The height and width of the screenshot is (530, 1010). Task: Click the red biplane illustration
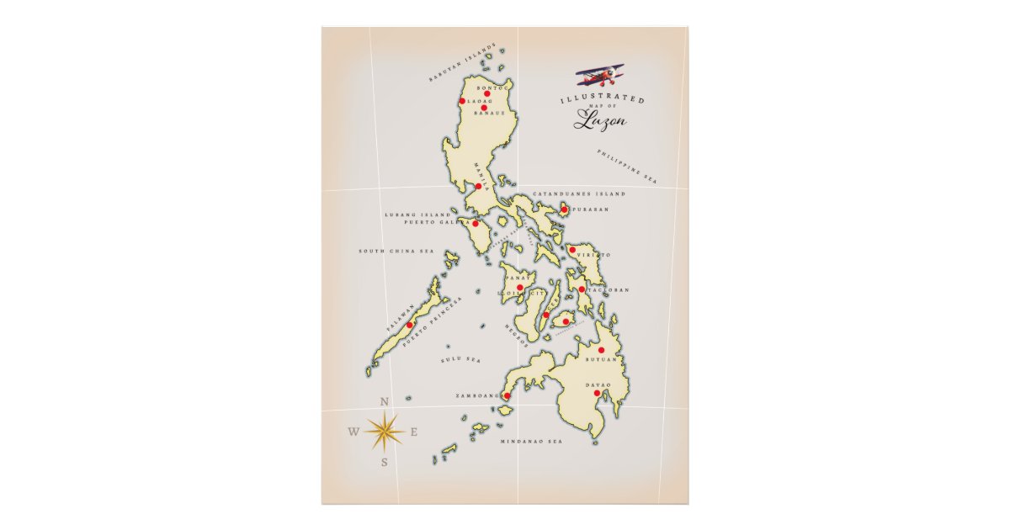[600, 77]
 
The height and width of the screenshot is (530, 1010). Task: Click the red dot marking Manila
[478, 186]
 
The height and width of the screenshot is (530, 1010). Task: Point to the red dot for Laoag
[462, 102]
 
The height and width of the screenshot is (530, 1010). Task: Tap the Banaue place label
[489, 114]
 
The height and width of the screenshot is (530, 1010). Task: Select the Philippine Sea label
[626, 167]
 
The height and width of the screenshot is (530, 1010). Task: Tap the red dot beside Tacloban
[582, 289]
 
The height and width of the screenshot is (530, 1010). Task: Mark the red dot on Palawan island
[410, 325]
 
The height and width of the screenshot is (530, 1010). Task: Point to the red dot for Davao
[597, 393]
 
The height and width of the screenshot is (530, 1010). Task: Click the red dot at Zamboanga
[507, 396]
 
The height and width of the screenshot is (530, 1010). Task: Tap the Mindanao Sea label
[532, 441]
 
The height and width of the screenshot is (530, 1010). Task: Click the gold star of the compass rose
[384, 431]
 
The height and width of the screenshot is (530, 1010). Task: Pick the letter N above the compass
[385, 401]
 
